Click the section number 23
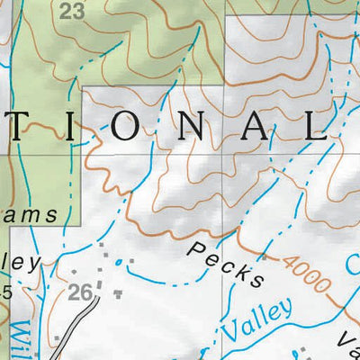click(x=73, y=11)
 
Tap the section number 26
click(x=81, y=292)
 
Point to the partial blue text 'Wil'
click(x=20, y=337)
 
